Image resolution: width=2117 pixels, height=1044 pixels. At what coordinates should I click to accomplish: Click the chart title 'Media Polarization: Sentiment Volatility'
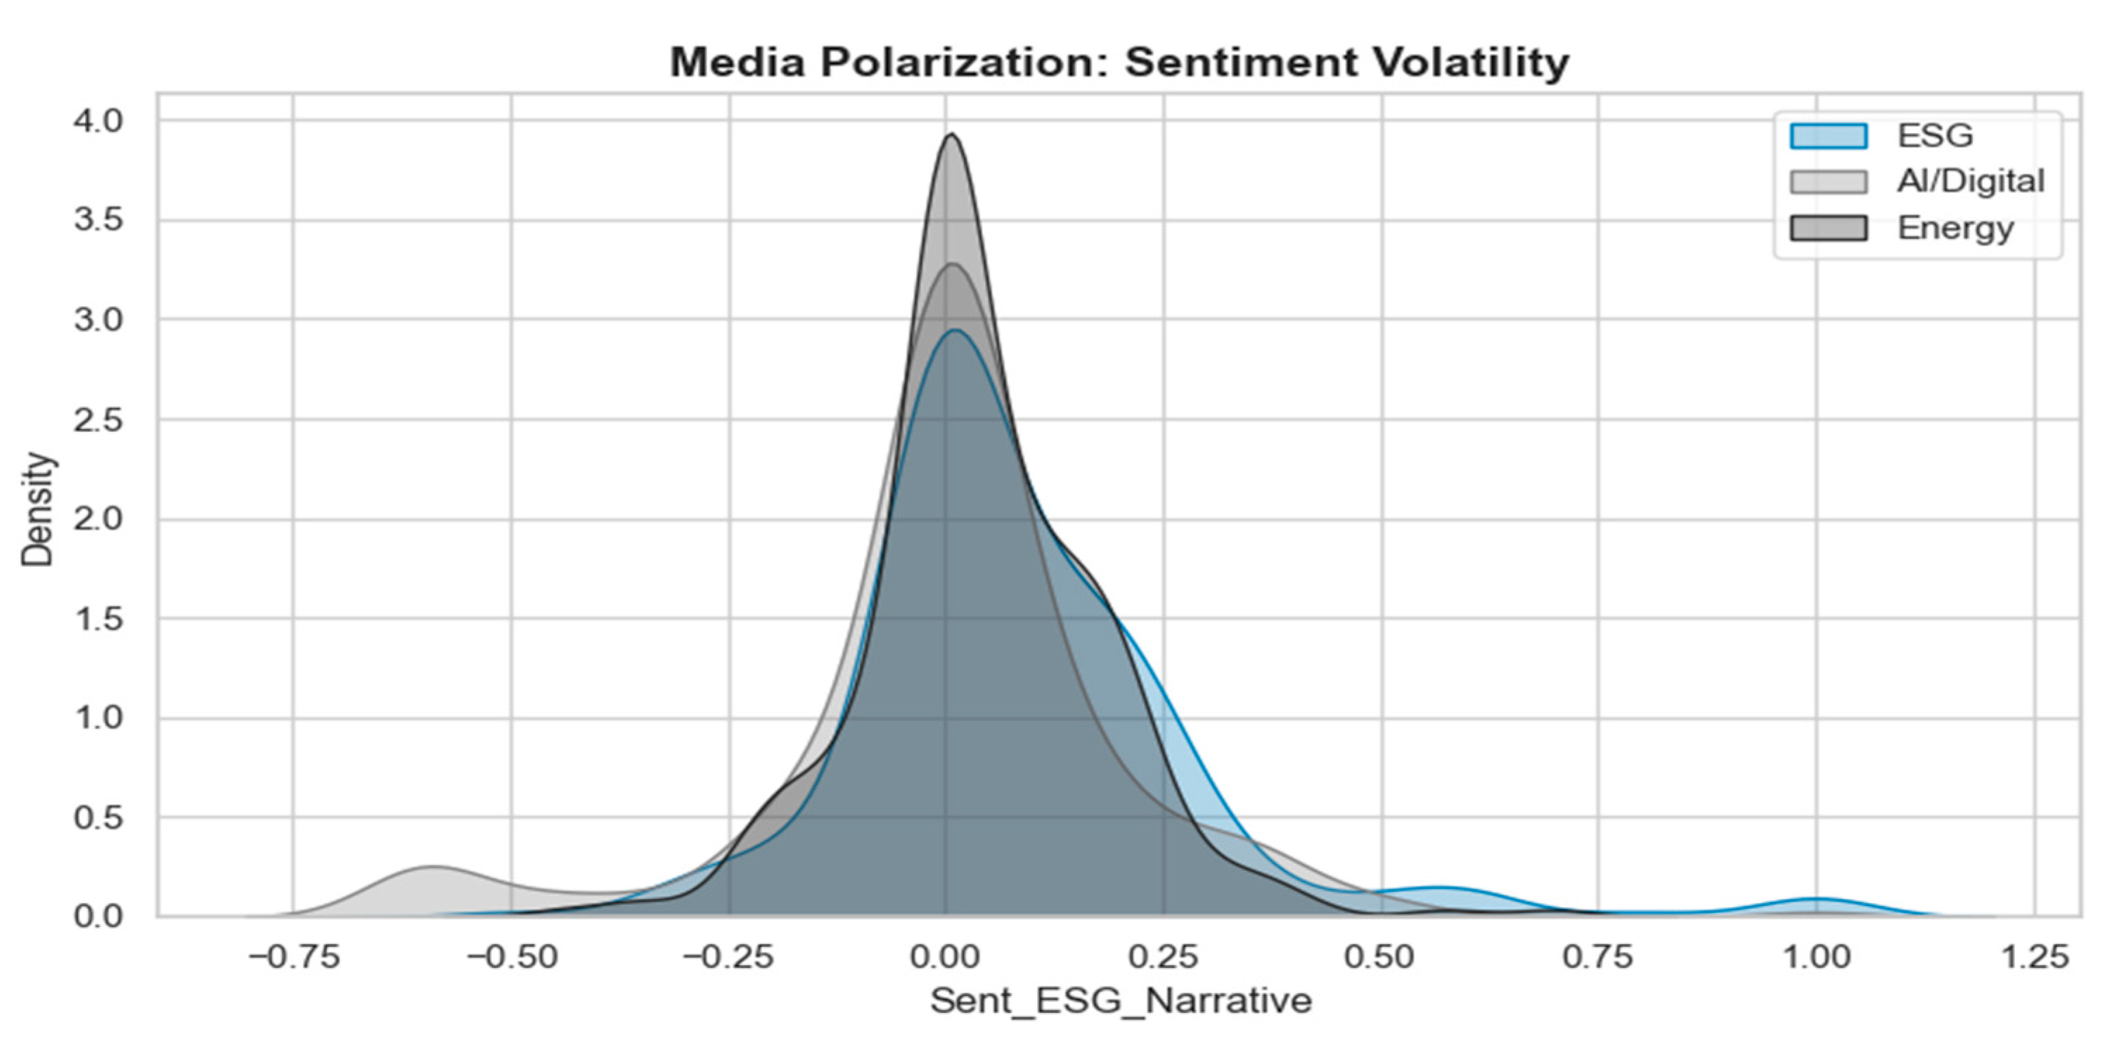(1119, 63)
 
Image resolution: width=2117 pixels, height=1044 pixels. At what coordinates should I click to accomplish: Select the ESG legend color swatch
(1829, 136)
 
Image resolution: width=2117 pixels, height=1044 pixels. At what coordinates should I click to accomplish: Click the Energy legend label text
(1956, 228)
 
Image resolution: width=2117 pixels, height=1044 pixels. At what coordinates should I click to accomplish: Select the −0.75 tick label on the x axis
(294, 957)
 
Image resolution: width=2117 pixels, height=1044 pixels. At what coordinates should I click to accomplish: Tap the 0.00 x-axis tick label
(946, 957)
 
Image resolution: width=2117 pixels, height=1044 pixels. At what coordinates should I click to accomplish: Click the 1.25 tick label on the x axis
(2034, 957)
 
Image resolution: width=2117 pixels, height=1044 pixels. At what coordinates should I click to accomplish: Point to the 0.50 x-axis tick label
(1382, 957)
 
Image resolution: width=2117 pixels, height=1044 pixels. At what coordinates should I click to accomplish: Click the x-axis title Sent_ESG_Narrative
(1121, 1001)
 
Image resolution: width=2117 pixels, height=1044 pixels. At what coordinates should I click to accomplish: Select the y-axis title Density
(38, 509)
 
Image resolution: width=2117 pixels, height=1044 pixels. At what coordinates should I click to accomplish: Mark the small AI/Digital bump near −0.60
(433, 867)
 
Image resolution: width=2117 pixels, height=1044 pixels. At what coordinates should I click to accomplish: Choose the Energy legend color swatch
(1829, 228)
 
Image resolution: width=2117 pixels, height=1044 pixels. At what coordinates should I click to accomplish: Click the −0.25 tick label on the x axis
(729, 957)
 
